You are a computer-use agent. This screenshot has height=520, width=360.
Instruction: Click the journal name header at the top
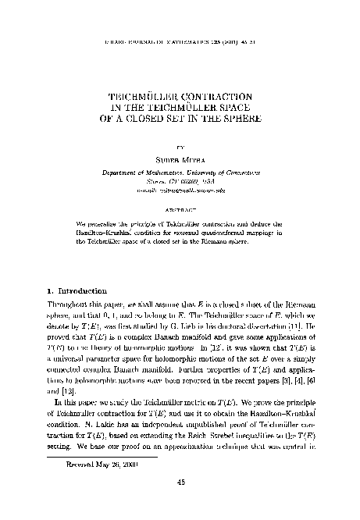(x=180, y=37)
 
